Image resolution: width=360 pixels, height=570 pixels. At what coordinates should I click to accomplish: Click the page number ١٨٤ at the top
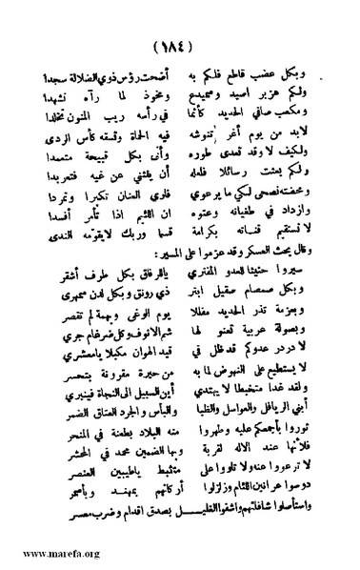[x=181, y=45]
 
